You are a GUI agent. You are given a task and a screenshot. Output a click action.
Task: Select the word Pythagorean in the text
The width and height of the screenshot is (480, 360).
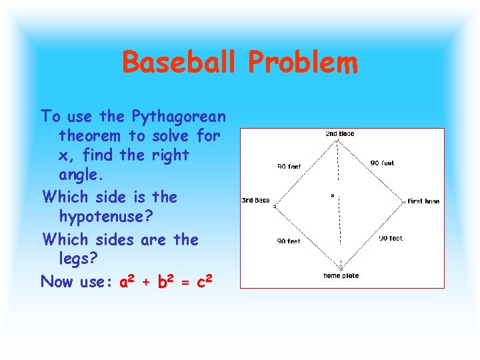tap(178, 117)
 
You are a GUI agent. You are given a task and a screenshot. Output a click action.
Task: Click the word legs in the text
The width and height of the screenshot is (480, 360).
tap(75, 259)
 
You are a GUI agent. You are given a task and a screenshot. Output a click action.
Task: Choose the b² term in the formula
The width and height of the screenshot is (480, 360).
tap(167, 281)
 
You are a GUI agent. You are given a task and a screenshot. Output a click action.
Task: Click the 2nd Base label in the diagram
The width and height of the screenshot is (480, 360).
tap(339, 134)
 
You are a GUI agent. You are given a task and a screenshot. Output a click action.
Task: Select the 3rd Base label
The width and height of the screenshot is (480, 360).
tap(255, 200)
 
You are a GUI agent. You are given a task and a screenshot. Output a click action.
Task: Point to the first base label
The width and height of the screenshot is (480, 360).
tap(423, 201)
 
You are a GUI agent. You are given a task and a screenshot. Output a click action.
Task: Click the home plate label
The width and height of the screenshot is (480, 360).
tap(341, 275)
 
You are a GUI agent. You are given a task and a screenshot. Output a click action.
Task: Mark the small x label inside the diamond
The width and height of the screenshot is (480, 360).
tap(332, 196)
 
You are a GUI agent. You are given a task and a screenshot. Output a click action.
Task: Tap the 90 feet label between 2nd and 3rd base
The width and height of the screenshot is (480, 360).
tap(289, 167)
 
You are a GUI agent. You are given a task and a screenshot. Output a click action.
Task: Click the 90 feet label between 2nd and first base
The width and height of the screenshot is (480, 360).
tap(382, 163)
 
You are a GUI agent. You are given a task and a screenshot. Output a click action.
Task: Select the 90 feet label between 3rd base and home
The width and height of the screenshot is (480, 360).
tap(289, 241)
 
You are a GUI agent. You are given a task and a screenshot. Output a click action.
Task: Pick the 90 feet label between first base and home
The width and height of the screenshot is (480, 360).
tap(391, 238)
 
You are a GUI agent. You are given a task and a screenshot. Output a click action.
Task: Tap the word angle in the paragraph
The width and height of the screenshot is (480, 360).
tap(77, 175)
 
